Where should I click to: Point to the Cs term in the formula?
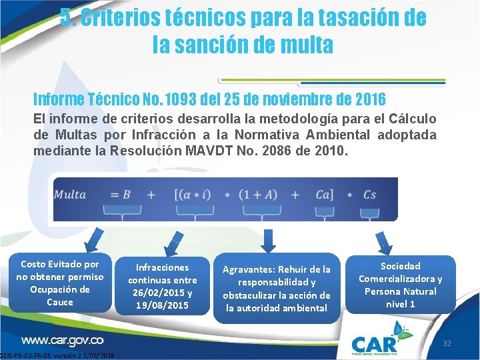click(369, 195)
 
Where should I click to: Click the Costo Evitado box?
click(60, 283)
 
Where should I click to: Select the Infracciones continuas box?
click(163, 287)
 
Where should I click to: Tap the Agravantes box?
click(276, 289)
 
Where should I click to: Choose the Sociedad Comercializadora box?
click(400, 285)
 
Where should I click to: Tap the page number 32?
click(447, 343)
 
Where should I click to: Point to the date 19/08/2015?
click(163, 305)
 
